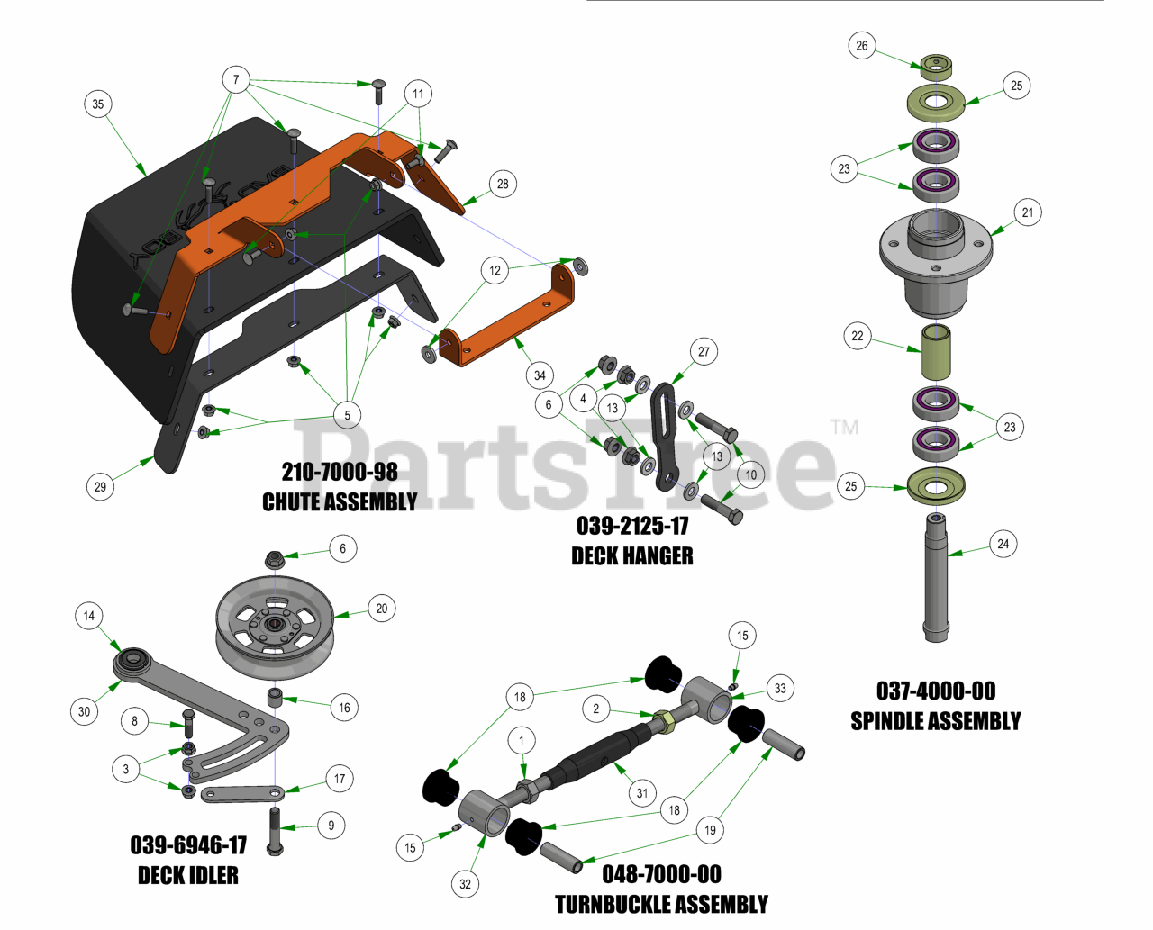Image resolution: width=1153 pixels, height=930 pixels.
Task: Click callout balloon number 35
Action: coord(98,104)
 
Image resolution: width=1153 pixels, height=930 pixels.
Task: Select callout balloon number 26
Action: coord(862,46)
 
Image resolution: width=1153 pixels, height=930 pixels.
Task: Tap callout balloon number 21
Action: coord(1028,212)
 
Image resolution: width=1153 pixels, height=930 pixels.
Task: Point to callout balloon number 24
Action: coord(1003,544)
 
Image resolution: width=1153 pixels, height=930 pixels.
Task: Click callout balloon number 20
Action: coord(382,609)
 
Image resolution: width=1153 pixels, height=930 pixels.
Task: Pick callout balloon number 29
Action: coord(100,487)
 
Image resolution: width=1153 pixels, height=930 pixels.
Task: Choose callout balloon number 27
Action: coord(704,352)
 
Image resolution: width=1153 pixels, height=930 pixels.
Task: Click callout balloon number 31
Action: coord(641,793)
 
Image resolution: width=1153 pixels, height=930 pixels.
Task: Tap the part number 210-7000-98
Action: coord(340,472)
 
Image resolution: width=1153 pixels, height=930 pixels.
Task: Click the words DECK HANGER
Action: coord(632,556)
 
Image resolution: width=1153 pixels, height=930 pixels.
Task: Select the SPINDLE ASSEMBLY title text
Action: coord(936,721)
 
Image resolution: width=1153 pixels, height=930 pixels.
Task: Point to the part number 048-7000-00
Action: coord(661,874)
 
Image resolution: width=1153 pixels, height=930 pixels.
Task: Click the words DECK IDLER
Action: coord(188,875)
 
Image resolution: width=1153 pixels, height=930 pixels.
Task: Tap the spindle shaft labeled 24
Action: coord(936,576)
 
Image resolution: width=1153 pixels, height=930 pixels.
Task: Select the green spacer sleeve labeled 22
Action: coord(936,353)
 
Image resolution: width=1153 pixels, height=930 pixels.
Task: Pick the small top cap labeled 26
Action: coord(936,65)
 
